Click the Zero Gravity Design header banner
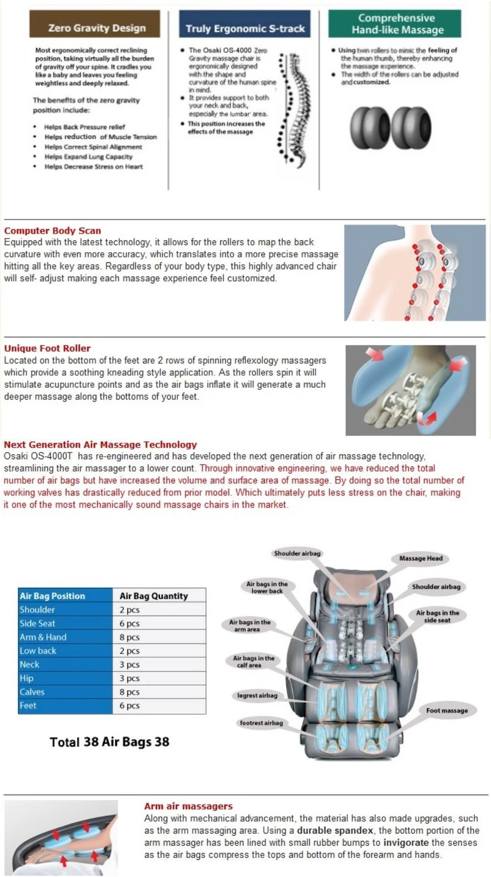[x=95, y=25]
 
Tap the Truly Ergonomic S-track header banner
[x=244, y=25]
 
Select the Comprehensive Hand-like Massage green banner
[x=395, y=24]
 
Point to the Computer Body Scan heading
[x=53, y=231]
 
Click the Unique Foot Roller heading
[x=47, y=348]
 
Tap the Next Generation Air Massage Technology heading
[x=100, y=445]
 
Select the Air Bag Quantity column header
[x=153, y=596]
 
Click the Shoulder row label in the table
[x=37, y=609]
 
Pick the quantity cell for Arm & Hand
[x=130, y=637]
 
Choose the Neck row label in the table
[x=29, y=664]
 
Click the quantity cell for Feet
[x=130, y=706]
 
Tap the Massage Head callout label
[x=421, y=558]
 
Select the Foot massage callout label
[x=447, y=710]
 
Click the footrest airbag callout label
[x=261, y=723]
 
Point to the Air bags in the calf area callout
[x=254, y=662]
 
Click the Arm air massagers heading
[x=188, y=806]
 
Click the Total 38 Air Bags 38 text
[x=109, y=742]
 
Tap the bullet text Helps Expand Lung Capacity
[x=88, y=157]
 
